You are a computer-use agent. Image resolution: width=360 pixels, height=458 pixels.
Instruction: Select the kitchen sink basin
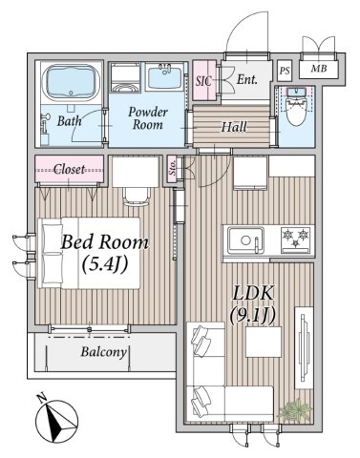pos(245,239)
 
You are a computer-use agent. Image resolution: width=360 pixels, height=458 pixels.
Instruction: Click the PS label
pos(285,71)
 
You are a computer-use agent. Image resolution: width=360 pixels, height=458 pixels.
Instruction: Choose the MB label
pos(319,68)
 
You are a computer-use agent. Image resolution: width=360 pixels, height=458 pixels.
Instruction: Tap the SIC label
pos(203,81)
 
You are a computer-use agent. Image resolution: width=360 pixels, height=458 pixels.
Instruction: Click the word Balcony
pos(104,352)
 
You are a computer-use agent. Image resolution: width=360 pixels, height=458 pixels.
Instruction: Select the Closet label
pos(69,169)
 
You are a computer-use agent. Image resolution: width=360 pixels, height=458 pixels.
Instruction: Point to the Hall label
pos(234,127)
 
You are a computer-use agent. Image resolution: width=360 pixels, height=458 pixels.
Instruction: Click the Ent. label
pos(246,79)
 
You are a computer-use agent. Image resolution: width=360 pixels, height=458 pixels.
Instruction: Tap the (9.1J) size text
pos(252,316)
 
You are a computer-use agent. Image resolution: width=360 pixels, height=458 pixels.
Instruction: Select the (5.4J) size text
pos(105,263)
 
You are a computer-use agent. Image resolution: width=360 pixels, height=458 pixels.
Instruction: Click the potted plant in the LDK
pos(295,409)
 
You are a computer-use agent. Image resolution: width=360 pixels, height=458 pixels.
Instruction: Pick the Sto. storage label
pos(172,168)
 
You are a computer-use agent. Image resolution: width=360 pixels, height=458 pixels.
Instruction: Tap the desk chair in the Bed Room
pos(137,197)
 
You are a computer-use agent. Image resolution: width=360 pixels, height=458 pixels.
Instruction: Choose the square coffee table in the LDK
pos(264,342)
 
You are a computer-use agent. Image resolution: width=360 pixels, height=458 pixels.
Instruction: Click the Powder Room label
pos(148,118)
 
